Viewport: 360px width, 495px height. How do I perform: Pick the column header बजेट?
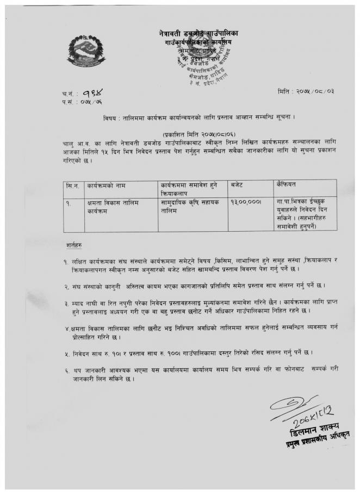pyautogui.click(x=238, y=186)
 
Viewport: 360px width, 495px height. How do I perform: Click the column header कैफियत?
pyautogui.click(x=287, y=186)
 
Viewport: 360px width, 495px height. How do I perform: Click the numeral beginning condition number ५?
pyautogui.click(x=65, y=352)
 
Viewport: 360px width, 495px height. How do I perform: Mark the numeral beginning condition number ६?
pyautogui.click(x=65, y=369)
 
